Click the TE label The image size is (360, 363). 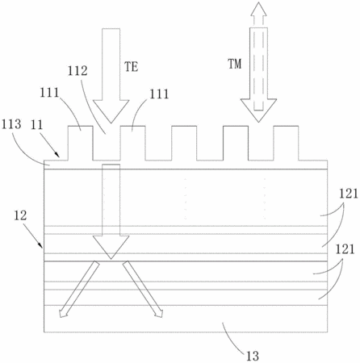[x=131, y=66]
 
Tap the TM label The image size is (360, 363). [x=235, y=64]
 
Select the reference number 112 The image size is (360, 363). [x=77, y=71]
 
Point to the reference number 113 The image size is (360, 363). [x=11, y=124]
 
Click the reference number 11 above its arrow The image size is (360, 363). [x=37, y=125]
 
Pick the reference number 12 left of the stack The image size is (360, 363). [x=20, y=215]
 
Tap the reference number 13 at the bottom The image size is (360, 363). [x=253, y=356]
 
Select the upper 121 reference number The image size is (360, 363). [x=349, y=194]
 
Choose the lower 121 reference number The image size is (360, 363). [x=345, y=249]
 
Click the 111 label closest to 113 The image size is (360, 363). [x=49, y=93]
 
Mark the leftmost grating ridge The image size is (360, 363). [x=81, y=143]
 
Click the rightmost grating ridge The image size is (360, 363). [x=286, y=143]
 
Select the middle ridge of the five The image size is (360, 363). [x=184, y=143]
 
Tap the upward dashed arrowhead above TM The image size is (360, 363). [x=258, y=9]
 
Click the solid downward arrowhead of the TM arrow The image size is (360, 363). [x=258, y=111]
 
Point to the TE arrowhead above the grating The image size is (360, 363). [x=111, y=111]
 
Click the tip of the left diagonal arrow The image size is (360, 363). [x=60, y=317]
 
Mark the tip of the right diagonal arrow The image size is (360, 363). [x=162, y=317]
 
